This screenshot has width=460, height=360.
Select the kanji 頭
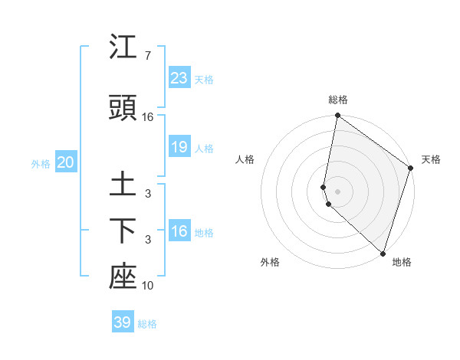[x=123, y=109]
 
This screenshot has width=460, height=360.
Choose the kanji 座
[x=123, y=277]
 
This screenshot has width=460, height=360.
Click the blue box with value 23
[x=179, y=77]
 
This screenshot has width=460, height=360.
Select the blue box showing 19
[x=179, y=147]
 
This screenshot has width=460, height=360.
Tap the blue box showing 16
[x=179, y=231]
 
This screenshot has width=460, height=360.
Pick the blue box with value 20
[x=66, y=162]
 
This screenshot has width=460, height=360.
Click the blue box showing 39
[x=123, y=322]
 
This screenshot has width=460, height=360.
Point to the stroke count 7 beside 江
[x=148, y=56]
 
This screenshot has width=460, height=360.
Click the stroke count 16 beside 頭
[x=148, y=117]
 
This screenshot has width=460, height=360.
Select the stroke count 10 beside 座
[x=148, y=286]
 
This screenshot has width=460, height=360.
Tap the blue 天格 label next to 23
[x=204, y=79]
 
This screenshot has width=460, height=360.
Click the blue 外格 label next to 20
[x=41, y=163]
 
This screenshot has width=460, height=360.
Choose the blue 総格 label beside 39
[x=147, y=324]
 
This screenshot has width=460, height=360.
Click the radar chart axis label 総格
[x=338, y=100]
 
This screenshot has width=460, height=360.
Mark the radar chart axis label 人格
[x=245, y=159]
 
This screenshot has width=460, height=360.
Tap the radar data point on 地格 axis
[x=383, y=254]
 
